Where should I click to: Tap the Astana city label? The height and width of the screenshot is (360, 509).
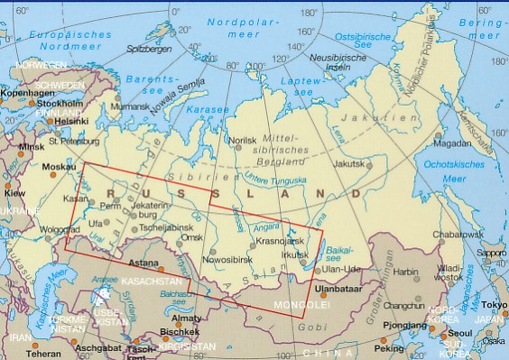[144, 263]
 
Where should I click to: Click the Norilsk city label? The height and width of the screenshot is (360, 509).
[243, 140]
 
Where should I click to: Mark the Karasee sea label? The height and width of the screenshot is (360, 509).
[208, 110]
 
